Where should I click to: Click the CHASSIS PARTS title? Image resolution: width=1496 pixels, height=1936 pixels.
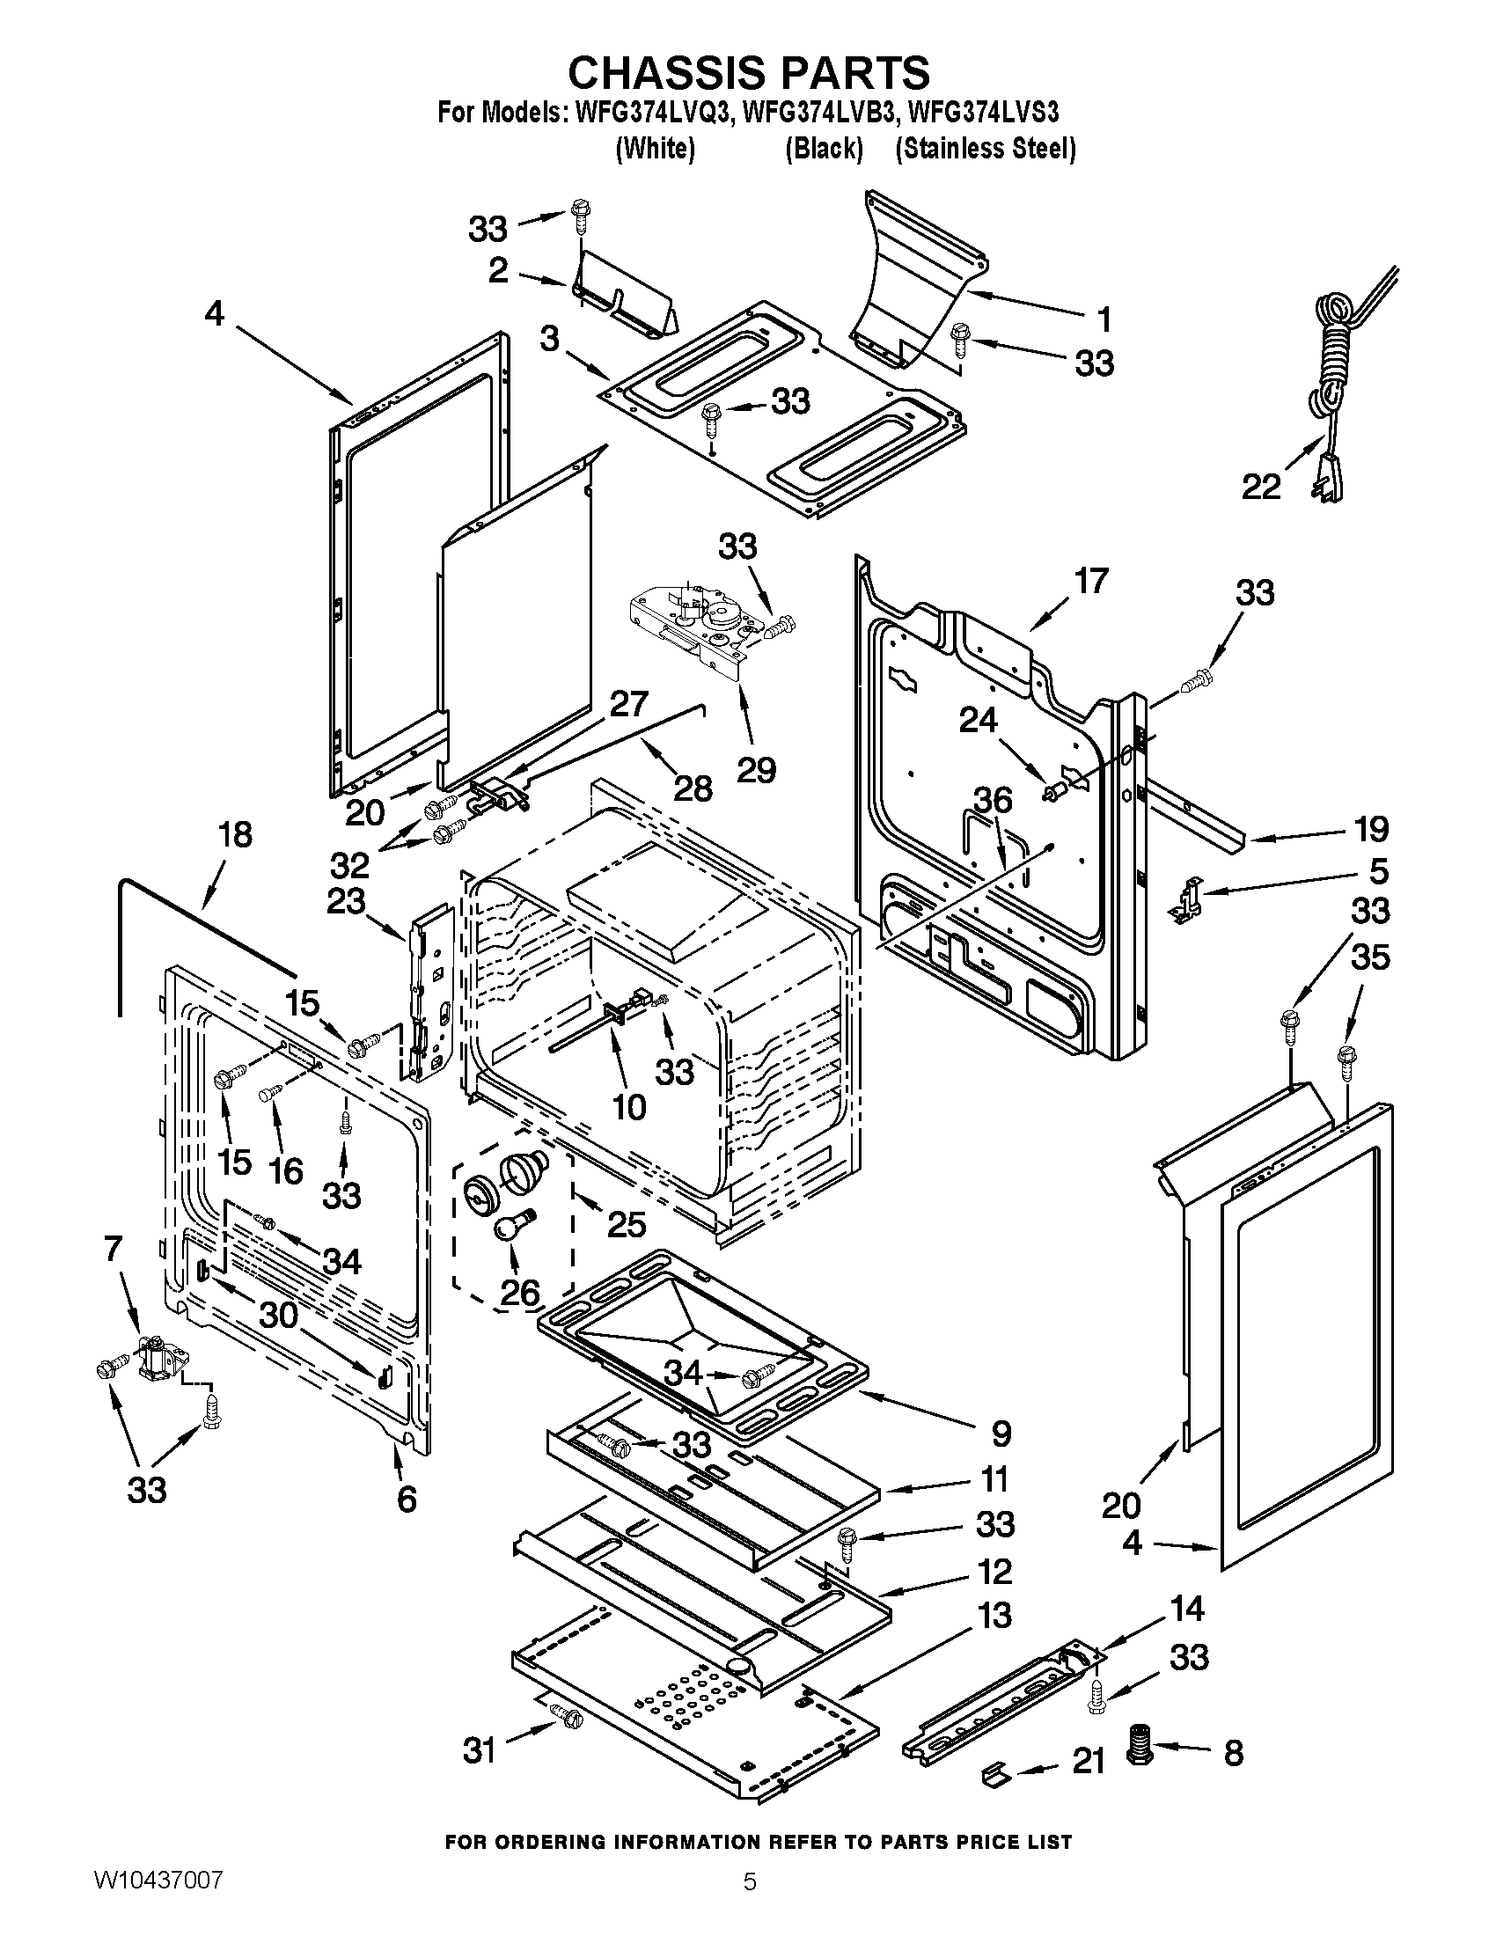[749, 73]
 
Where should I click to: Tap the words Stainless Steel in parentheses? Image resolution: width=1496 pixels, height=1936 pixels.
[986, 149]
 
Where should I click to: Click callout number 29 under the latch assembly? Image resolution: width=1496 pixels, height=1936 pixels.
[756, 769]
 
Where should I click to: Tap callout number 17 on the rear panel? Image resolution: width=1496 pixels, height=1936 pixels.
[1091, 581]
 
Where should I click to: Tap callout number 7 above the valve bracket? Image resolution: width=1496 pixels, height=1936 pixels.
[113, 1249]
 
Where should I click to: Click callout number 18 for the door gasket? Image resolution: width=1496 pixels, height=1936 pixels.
[236, 835]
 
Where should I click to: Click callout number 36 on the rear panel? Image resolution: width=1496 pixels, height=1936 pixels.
[993, 800]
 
